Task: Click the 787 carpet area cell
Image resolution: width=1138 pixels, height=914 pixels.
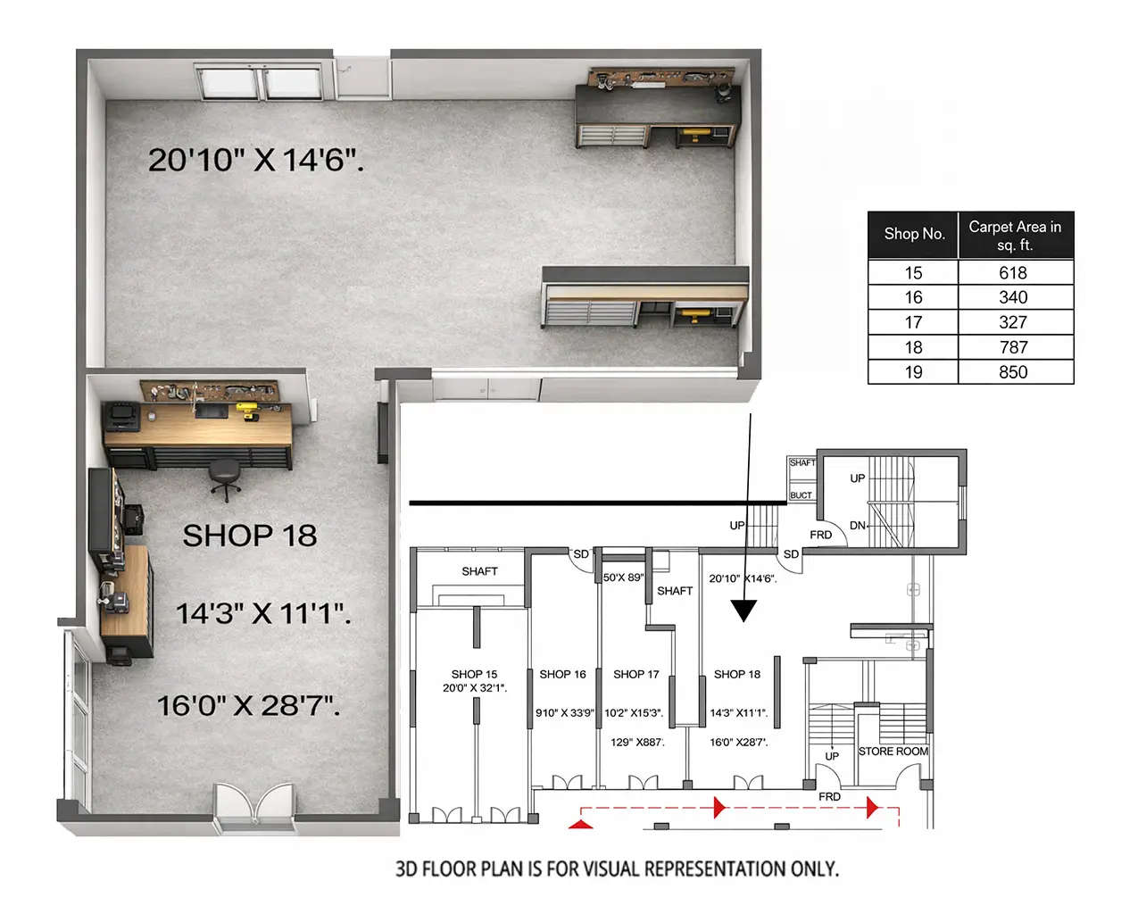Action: [x=1013, y=347]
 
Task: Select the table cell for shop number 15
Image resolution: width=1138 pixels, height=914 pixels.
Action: [x=913, y=273]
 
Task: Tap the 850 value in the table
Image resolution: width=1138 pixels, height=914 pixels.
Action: [x=1013, y=372]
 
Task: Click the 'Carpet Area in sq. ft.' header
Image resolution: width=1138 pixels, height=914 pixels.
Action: [x=1015, y=236]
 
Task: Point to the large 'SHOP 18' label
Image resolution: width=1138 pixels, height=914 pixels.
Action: [x=250, y=536]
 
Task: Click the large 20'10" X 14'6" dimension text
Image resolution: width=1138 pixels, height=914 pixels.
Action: [x=255, y=160]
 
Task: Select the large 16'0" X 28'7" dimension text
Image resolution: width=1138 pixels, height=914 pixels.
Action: [x=248, y=706]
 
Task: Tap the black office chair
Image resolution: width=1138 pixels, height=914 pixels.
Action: [x=226, y=478]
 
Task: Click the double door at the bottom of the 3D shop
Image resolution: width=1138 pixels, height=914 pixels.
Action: [x=254, y=805]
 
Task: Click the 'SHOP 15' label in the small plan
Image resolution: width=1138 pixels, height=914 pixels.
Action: [x=474, y=674]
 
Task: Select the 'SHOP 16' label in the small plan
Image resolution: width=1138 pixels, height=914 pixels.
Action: [x=562, y=674]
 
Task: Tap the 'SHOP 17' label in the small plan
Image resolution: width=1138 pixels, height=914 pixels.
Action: [x=636, y=674]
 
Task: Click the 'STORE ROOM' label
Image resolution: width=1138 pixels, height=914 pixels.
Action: [x=893, y=752]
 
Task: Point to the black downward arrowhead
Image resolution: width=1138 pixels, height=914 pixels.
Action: [x=743, y=611]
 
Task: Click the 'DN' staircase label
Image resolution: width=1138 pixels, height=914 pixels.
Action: [x=857, y=526]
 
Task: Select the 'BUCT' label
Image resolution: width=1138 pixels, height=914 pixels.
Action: [x=801, y=495]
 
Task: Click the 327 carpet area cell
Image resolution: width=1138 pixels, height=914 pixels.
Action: [x=1013, y=322]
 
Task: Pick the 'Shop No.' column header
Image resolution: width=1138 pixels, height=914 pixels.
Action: [x=914, y=234]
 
